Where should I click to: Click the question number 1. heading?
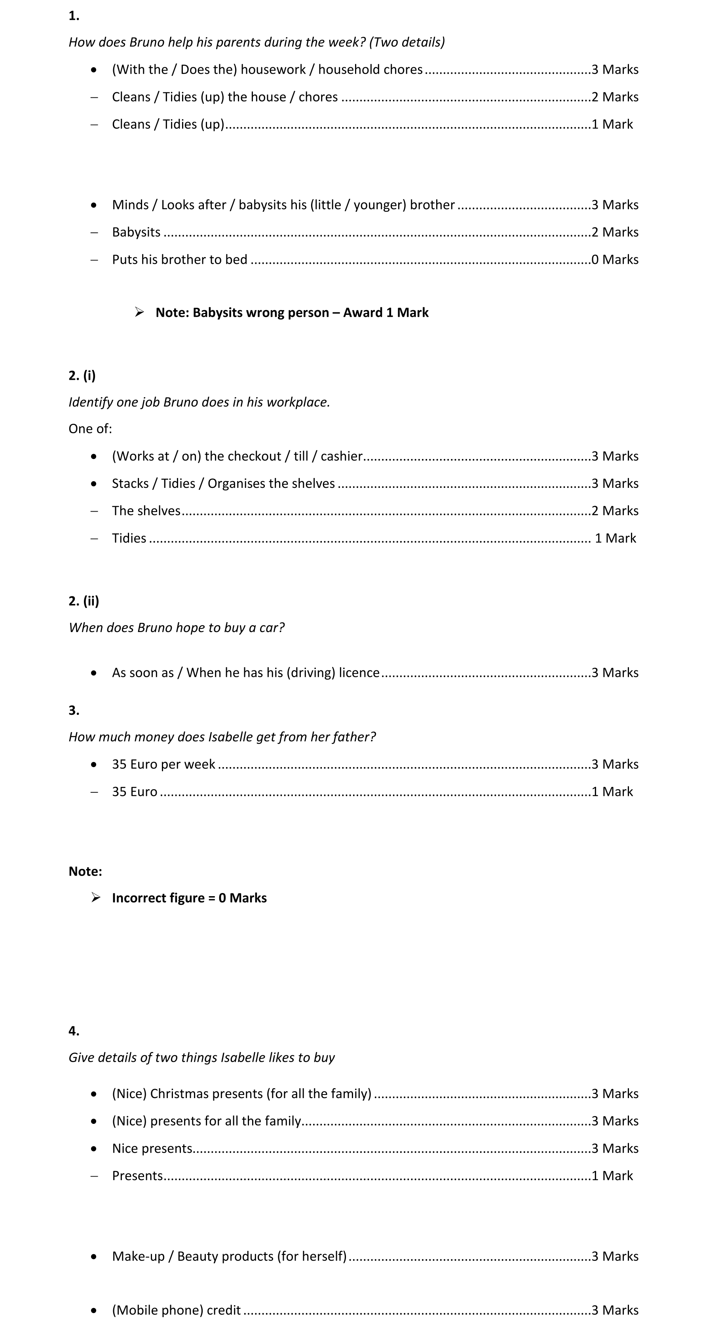point(74,16)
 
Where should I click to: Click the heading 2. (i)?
point(82,375)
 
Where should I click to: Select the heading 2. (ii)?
point(84,601)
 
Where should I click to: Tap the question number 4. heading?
point(74,1031)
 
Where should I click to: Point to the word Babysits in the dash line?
point(136,232)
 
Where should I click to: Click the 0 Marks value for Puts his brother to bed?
point(614,259)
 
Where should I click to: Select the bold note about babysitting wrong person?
point(292,312)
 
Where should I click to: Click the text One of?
point(90,429)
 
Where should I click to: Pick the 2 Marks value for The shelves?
point(614,511)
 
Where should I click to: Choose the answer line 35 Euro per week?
point(163,764)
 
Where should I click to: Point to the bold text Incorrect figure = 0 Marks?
point(189,898)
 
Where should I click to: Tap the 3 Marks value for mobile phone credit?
point(614,1310)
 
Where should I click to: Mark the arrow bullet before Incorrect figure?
point(96,898)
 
